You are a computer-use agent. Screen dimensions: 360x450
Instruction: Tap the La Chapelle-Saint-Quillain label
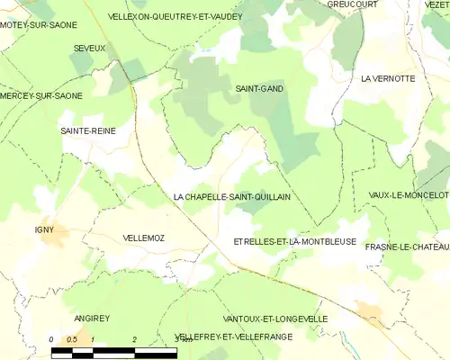click(x=231, y=196)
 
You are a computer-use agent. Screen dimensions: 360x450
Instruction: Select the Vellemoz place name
click(x=149, y=238)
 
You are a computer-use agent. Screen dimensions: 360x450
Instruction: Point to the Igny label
click(x=45, y=229)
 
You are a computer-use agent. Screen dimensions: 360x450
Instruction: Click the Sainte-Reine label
click(x=88, y=130)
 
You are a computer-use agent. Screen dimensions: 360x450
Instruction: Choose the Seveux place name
click(x=90, y=47)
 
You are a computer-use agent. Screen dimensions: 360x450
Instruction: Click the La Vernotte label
click(x=388, y=79)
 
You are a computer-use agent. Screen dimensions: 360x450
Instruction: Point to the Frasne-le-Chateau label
click(x=407, y=244)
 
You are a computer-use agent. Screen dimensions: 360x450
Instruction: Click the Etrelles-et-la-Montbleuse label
click(x=294, y=242)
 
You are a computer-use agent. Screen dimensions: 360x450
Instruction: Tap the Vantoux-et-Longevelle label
click(x=274, y=319)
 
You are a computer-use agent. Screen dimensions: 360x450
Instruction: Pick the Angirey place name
click(x=92, y=319)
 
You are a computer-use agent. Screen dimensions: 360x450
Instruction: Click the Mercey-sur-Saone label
click(x=41, y=95)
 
